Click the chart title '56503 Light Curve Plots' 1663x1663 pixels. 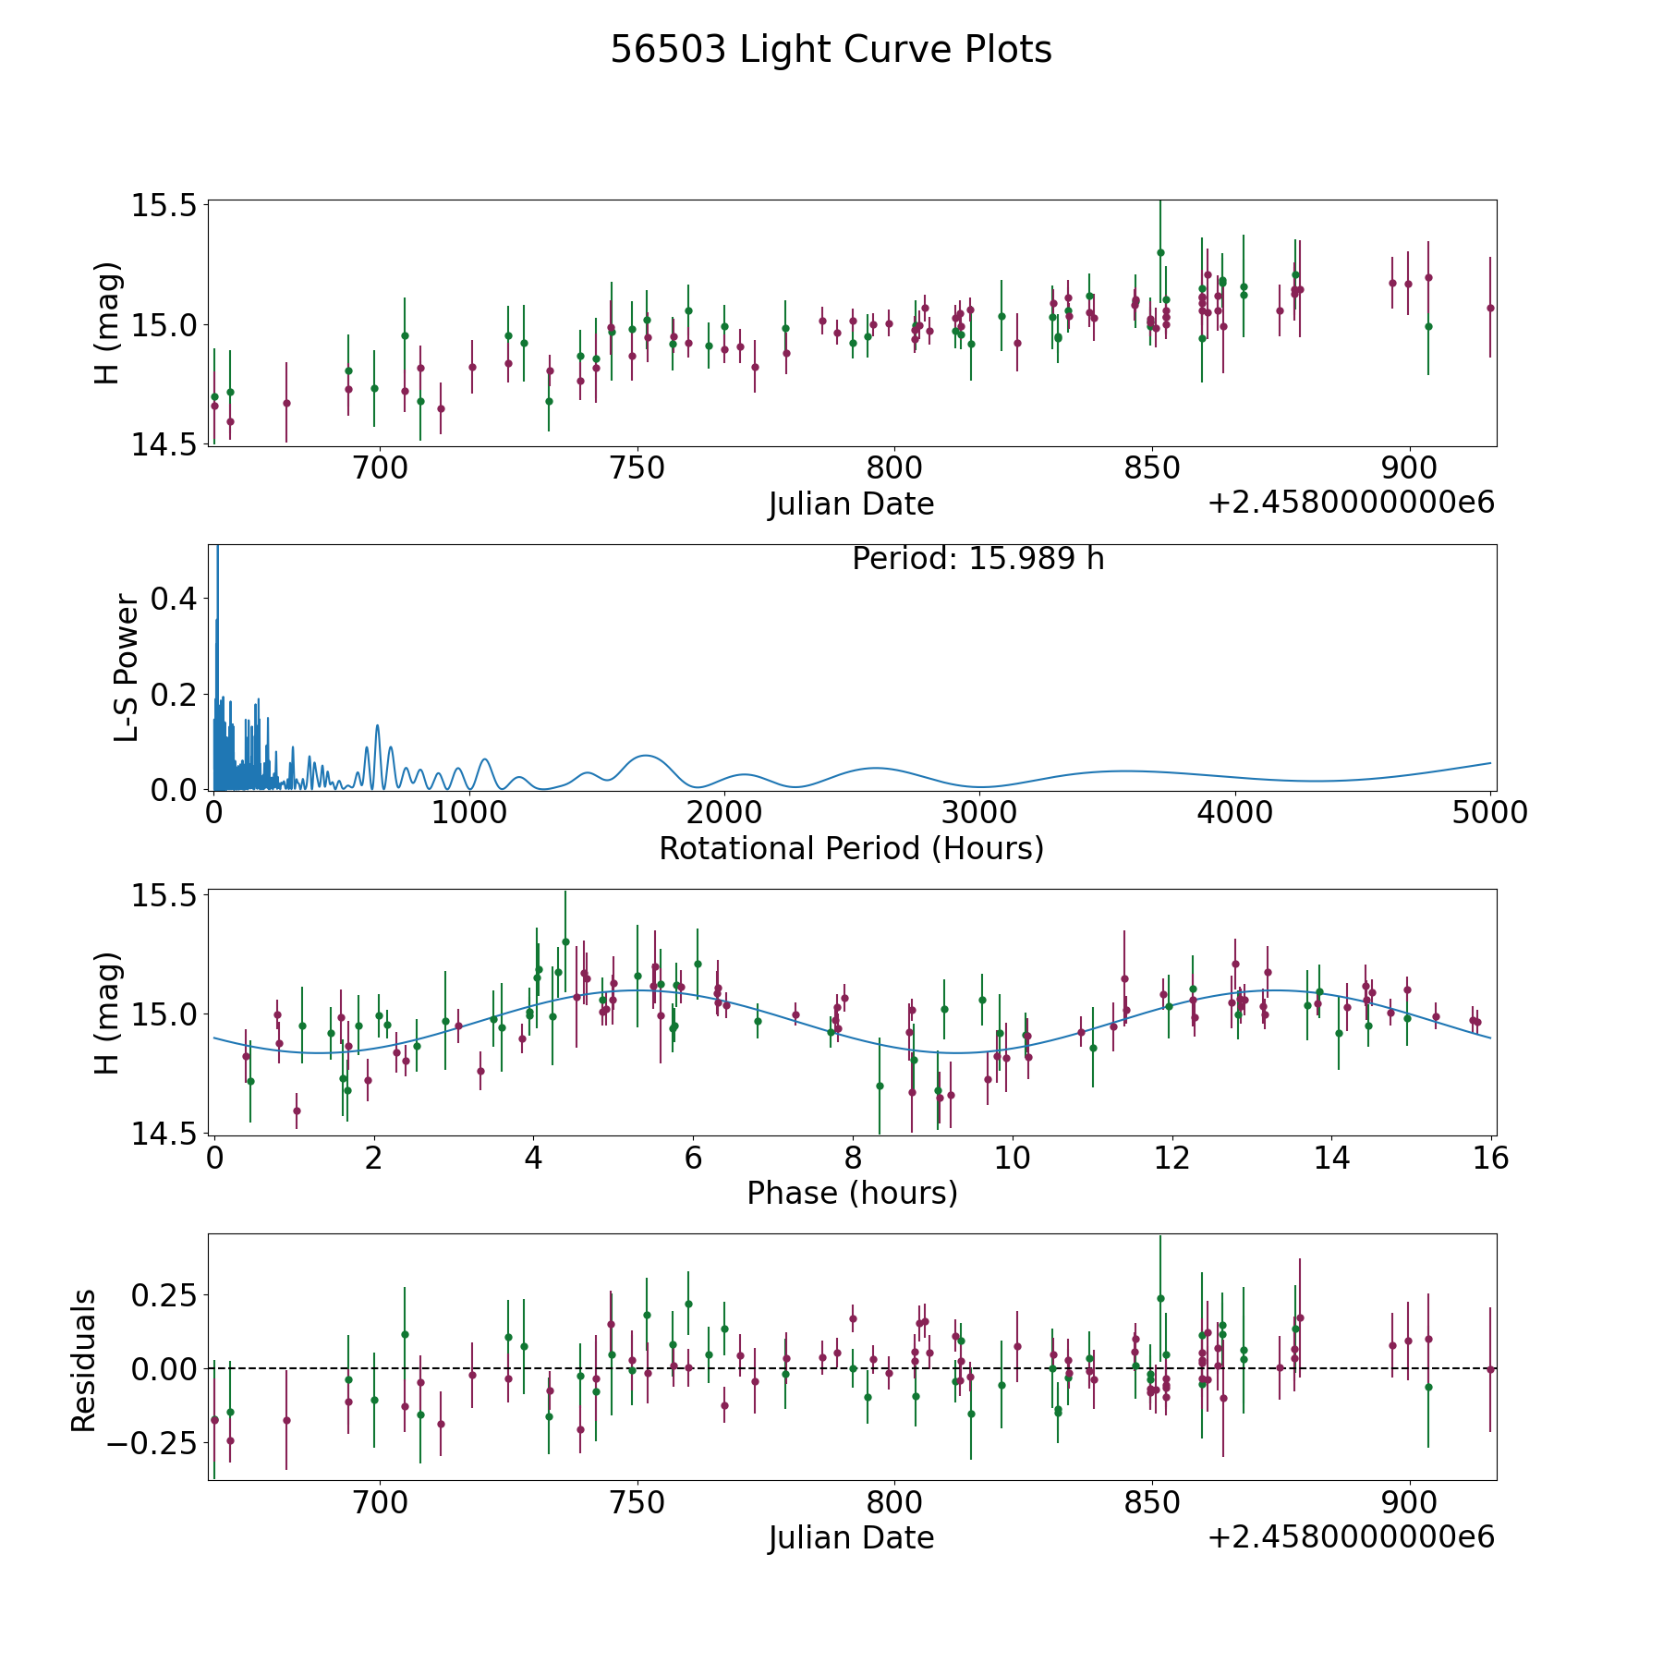point(831,50)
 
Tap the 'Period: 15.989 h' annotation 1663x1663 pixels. point(977,559)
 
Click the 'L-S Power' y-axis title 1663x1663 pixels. point(127,668)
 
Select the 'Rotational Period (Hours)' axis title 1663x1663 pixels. point(851,848)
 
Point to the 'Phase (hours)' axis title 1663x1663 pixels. point(852,1193)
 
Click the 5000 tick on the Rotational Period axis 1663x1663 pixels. point(1490,813)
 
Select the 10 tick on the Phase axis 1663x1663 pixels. point(1013,1158)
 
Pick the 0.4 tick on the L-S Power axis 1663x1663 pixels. point(174,599)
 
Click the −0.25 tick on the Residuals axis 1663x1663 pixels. point(152,1442)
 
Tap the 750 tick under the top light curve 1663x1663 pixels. point(638,468)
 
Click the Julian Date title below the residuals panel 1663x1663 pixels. point(851,1538)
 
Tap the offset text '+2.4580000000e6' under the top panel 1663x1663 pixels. point(1351,503)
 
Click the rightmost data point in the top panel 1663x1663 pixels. point(1490,308)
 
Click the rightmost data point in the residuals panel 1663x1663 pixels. point(1490,1369)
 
